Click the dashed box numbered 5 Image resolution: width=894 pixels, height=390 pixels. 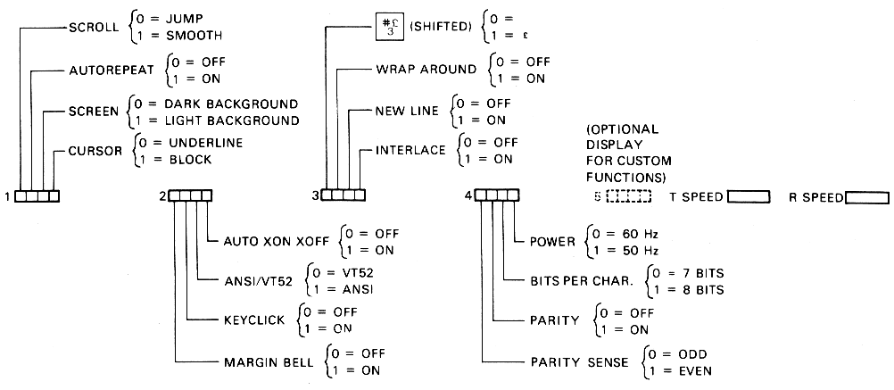coord(632,196)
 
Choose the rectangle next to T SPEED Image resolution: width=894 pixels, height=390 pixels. coord(749,196)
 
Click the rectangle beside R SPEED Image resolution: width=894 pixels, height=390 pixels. coord(866,197)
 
